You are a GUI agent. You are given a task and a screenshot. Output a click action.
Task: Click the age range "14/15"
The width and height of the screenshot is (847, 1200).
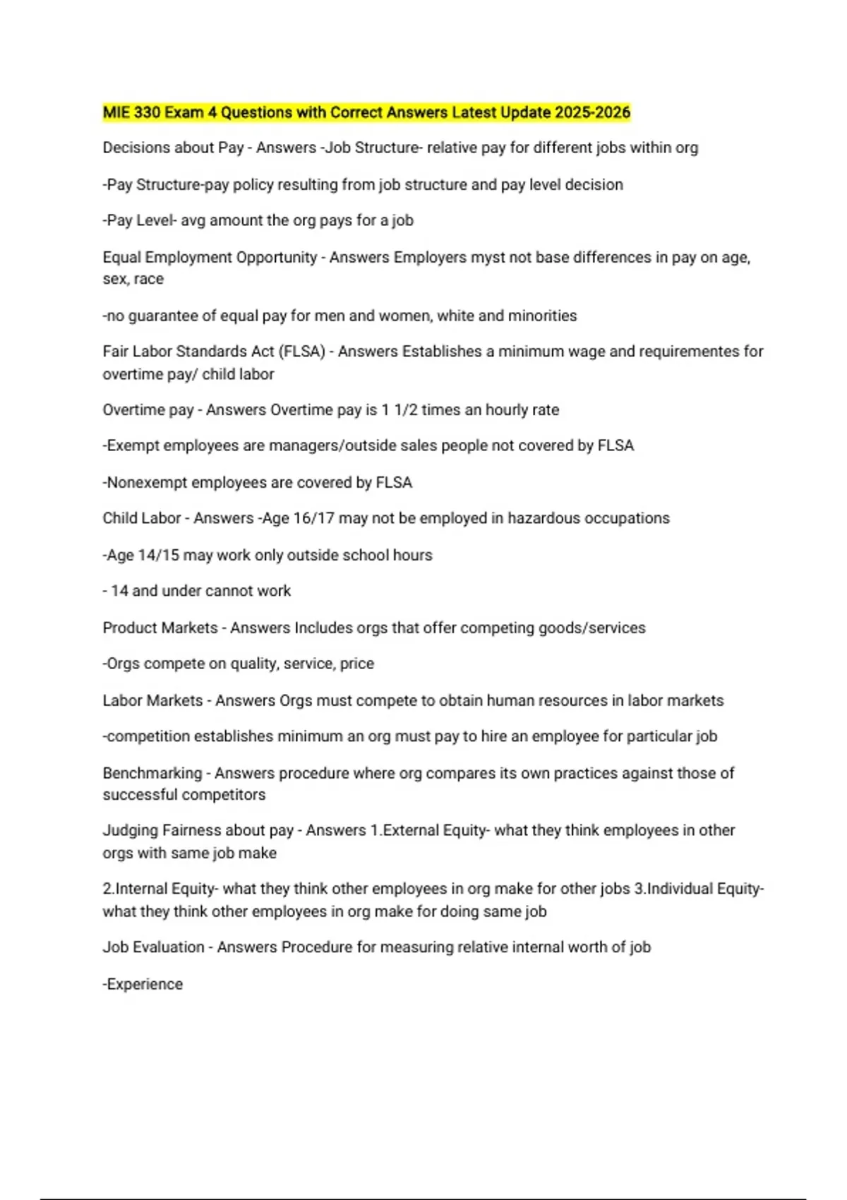pos(158,556)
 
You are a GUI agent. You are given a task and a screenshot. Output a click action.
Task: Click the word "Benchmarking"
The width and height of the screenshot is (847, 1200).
pos(152,774)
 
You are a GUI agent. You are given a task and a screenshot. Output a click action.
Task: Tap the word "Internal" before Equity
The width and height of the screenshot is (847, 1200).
pos(140,889)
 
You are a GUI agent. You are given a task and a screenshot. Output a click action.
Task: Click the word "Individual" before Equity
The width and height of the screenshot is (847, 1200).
pos(679,889)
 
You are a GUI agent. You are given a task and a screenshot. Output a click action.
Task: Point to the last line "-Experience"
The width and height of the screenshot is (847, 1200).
pos(143,985)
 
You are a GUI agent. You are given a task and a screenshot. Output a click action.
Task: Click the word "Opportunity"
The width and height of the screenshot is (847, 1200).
pos(277,258)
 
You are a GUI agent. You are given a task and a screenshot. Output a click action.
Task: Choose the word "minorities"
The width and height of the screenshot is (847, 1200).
pos(541,316)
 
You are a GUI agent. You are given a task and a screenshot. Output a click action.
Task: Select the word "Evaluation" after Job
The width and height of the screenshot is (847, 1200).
pos(168,948)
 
